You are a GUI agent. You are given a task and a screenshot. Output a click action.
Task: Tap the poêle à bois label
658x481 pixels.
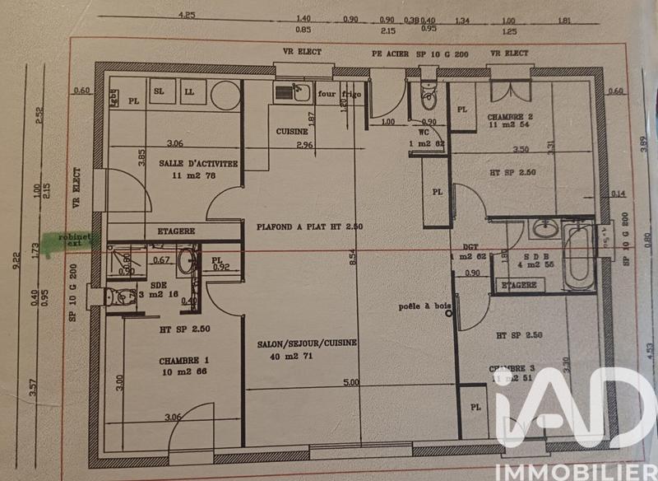pyautogui.click(x=425, y=307)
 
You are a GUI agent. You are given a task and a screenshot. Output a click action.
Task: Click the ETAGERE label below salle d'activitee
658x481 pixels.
pyautogui.click(x=170, y=232)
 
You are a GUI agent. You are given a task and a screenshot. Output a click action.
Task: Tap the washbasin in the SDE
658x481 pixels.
pyautogui.click(x=187, y=261)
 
